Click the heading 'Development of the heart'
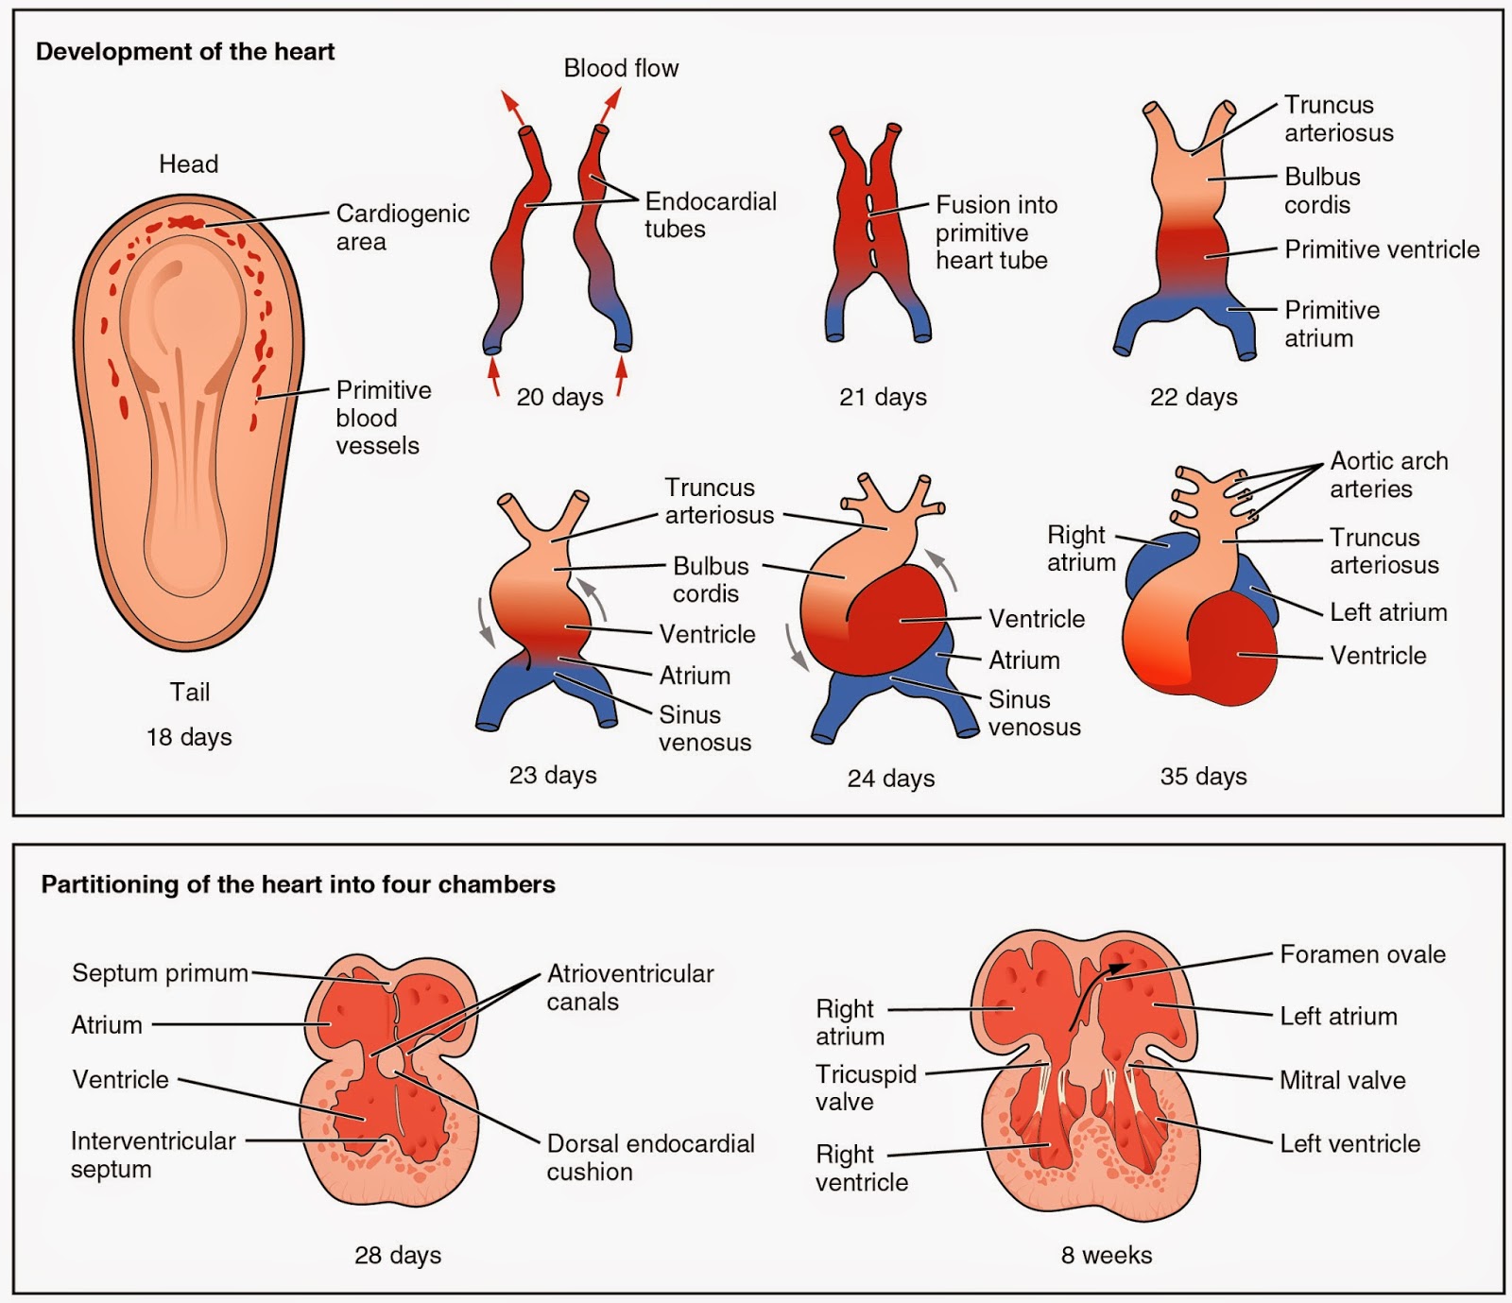[185, 52]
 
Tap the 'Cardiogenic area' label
[402, 227]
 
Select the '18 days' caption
[189, 737]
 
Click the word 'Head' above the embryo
[188, 164]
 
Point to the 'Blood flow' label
[621, 68]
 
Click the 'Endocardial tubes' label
[709, 214]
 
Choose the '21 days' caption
[883, 397]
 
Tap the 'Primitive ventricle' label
[1382, 249]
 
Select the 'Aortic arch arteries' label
[1387, 474]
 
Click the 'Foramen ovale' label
[1362, 954]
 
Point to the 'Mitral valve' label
[1342, 1080]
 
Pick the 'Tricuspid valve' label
[865, 1088]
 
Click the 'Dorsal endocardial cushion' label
[650, 1157]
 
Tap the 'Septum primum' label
[160, 973]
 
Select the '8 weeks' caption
[1106, 1255]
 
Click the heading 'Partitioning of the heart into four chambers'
[298, 884]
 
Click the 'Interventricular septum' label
[151, 1154]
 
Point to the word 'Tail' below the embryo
[189, 693]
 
